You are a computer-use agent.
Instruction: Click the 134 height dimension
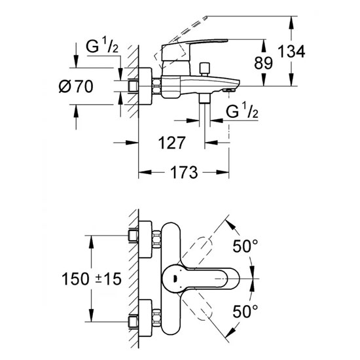tap(291, 52)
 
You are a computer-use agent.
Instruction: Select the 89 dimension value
tap(263, 63)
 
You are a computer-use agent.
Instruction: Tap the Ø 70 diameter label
tap(76, 86)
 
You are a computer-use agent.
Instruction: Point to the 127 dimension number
tap(171, 143)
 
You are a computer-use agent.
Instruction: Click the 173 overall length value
tap(184, 172)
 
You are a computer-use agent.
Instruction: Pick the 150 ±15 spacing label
tap(92, 279)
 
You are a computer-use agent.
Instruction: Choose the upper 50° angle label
tap(245, 246)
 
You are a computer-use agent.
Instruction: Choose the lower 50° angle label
tap(245, 312)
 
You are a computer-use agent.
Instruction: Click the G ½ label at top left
tap(102, 45)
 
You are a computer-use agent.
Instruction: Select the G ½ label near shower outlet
tap(242, 111)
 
